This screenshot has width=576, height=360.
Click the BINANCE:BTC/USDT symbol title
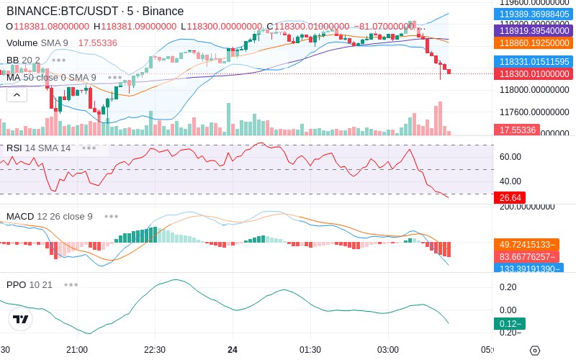coord(61,12)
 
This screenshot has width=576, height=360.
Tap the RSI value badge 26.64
coord(509,197)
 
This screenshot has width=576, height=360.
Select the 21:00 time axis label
coord(77,350)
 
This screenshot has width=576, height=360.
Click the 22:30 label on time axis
coord(155,350)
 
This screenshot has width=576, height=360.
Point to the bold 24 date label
coord(233,350)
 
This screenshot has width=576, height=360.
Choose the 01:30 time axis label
coord(310,350)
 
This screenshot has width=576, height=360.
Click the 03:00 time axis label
coord(388,350)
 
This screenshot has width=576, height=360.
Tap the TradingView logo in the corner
coord(21,319)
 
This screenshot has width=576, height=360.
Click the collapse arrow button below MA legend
coord(17,94)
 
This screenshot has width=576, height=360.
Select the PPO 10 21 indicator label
coord(30,284)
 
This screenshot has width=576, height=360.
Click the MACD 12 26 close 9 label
coord(49,216)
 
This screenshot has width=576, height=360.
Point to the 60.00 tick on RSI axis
coord(510,157)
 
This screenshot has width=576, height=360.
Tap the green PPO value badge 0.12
coord(509,323)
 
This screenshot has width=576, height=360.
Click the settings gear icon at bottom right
coord(534,351)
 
